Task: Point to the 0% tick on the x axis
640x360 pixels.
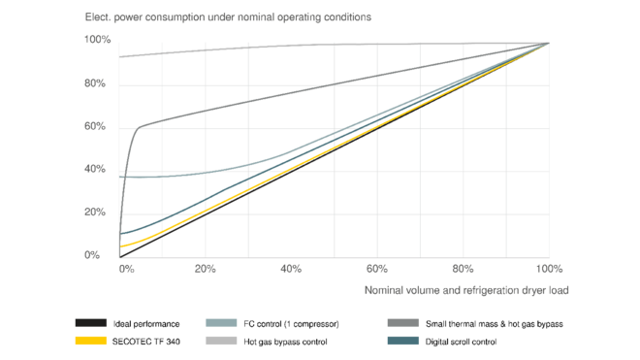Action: pyautogui.click(x=124, y=268)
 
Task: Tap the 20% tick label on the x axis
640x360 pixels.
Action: pyautogui.click(x=205, y=268)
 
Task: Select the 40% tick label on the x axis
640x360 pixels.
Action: pyautogui.click(x=291, y=268)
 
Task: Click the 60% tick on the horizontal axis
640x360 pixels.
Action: pyautogui.click(x=377, y=268)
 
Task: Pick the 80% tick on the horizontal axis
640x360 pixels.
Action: pyautogui.click(x=464, y=268)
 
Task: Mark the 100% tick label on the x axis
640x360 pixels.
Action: pyautogui.click(x=549, y=268)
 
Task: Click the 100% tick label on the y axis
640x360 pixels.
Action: pyautogui.click(x=96, y=41)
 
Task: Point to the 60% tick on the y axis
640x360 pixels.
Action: pyautogui.click(x=96, y=126)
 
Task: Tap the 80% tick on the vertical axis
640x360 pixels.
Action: pyautogui.click(x=96, y=83)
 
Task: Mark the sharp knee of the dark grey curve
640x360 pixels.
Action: pyautogui.click(x=142, y=125)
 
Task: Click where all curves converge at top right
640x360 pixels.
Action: pyautogui.click(x=548, y=42)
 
